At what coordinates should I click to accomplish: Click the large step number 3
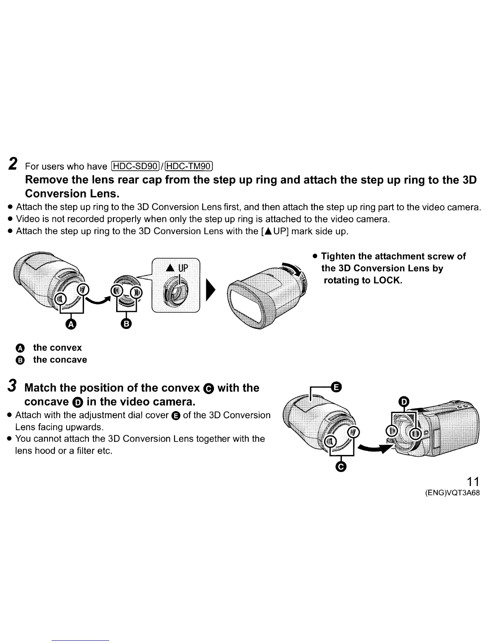point(13,387)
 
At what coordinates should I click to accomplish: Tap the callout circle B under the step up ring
point(126,324)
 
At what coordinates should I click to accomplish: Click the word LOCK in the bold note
point(386,281)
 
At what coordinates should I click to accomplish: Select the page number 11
point(473,482)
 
